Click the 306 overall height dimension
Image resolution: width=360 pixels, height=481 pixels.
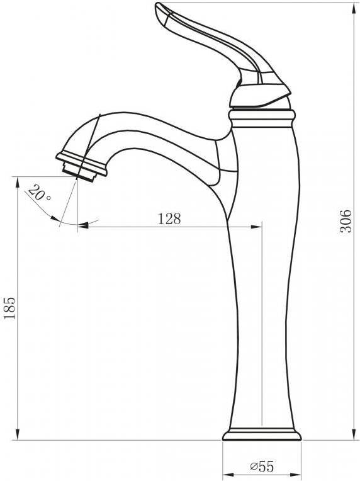(x=346, y=222)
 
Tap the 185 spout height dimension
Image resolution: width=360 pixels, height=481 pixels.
(x=9, y=308)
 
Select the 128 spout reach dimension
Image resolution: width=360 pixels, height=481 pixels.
(x=169, y=219)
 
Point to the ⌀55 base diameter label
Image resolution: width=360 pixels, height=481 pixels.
(x=261, y=467)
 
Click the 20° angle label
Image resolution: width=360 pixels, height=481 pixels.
(x=39, y=193)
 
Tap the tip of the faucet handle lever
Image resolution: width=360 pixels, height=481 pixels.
(x=158, y=4)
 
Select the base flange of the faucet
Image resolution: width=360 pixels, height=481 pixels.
(x=262, y=434)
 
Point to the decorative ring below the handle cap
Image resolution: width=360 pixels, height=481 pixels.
(x=262, y=118)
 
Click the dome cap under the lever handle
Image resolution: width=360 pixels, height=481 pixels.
(x=260, y=96)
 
